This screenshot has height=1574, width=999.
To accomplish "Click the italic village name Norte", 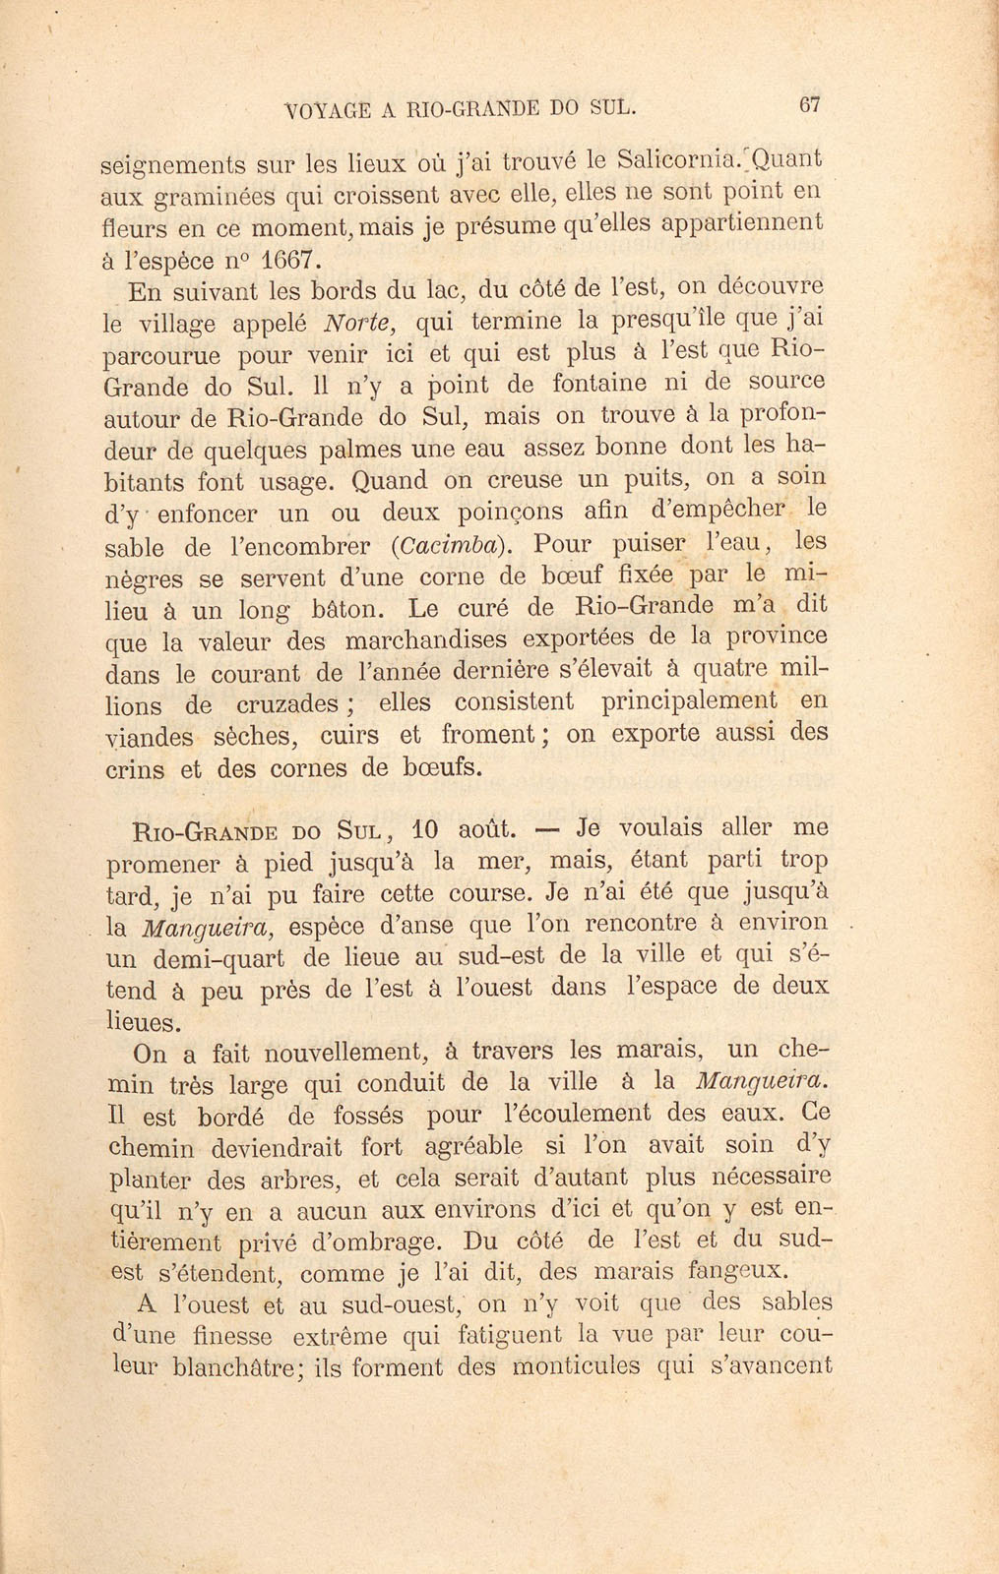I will [357, 322].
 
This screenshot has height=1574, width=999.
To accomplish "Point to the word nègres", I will [149, 579].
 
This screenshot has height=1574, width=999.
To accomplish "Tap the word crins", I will [134, 769].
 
